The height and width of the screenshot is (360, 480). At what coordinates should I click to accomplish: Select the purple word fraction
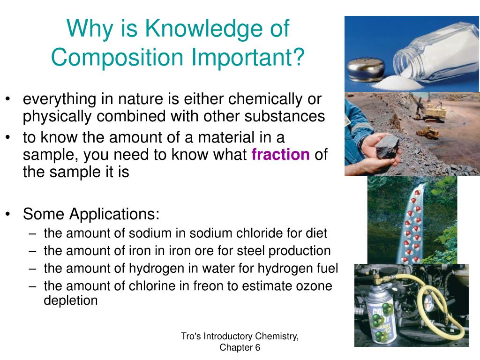point(280,154)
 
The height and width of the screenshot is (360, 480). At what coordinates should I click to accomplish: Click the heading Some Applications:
point(91,214)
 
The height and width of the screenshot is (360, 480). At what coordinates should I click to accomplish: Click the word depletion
point(71,300)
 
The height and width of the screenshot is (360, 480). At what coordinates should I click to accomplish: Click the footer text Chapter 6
point(240,347)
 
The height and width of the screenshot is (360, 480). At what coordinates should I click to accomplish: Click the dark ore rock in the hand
point(387,146)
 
